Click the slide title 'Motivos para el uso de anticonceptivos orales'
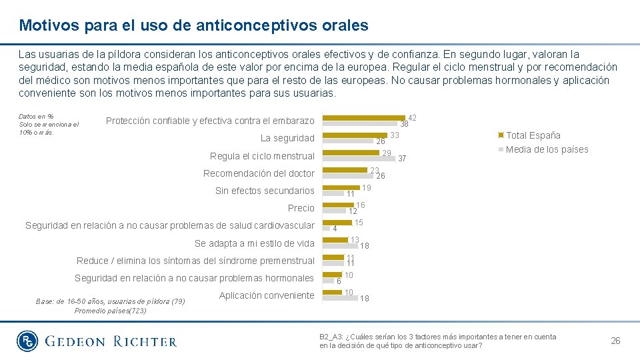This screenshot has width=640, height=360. coord(193,25)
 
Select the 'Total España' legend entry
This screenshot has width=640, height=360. coord(533,135)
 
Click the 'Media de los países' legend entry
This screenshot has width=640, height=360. coord(547,149)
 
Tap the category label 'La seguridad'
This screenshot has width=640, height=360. coord(287,139)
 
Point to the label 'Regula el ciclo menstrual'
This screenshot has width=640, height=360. coord(262,156)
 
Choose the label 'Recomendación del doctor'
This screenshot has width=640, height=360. coord(259,173)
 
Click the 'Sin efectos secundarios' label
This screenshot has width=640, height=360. coord(265,191)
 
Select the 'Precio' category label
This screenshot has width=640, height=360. coord(301,208)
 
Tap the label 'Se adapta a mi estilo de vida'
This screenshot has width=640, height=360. coord(254,243)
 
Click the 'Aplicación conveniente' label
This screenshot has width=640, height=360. coord(266,295)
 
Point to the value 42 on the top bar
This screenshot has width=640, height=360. coord(412,118)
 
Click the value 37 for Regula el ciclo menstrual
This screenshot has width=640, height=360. coord(402,159)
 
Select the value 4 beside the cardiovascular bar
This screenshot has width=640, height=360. coord(335,229)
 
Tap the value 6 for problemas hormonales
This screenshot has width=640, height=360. coord(339,281)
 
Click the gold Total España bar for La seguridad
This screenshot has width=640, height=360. coord(355,135)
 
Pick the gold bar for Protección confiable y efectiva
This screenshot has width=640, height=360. coord(364,118)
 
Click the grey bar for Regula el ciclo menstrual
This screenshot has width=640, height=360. coord(359,158)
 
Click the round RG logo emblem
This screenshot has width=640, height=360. coord(29,341)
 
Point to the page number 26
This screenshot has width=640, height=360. coord(615,341)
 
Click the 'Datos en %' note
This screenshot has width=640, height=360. coord(36,117)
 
